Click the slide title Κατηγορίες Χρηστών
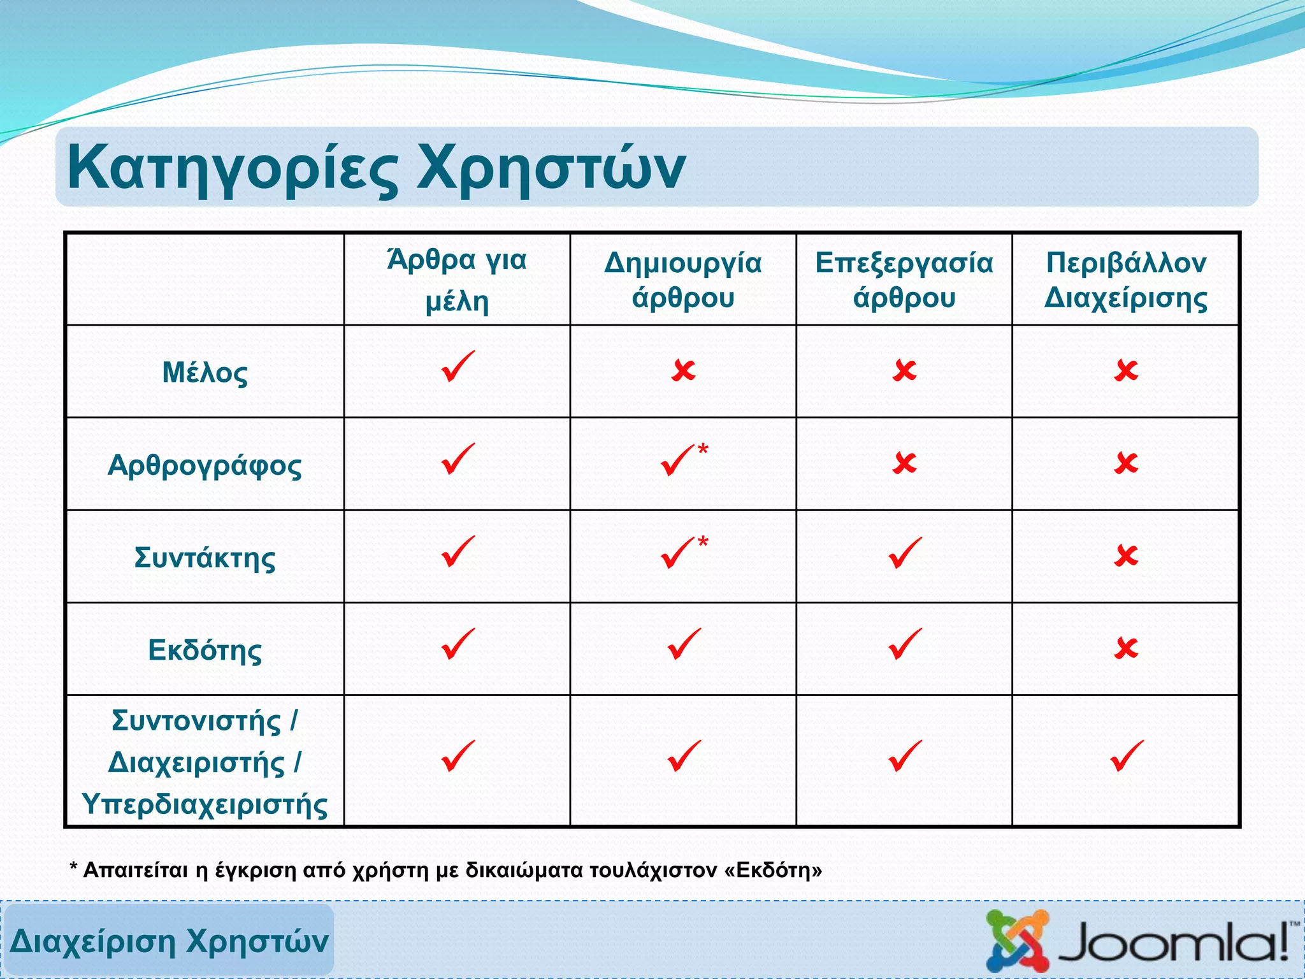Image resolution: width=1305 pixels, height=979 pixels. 376,168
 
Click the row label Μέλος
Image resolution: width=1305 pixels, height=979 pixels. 205,372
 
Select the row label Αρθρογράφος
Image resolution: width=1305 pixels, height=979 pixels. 205,465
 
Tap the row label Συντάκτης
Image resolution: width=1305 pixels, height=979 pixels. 205,557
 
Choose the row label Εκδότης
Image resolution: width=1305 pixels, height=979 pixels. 205,649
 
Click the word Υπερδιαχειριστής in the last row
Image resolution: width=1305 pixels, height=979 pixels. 205,804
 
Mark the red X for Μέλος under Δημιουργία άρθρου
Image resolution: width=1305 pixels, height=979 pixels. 683,370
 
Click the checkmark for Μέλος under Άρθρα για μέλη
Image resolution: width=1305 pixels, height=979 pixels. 458,366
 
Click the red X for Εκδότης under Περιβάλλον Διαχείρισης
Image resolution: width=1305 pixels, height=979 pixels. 1126,648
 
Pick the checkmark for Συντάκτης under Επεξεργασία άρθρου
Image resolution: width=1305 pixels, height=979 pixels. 904,553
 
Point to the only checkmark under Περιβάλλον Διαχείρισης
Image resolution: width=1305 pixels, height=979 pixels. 1127,756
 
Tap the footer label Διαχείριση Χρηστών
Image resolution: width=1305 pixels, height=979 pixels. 169,941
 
